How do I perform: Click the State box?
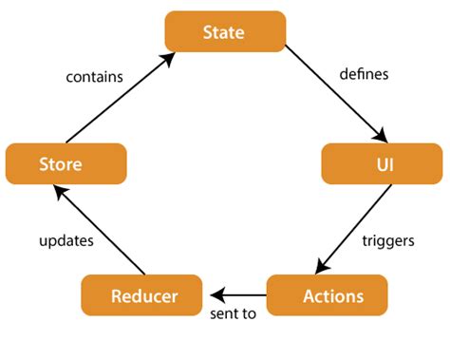click(225, 31)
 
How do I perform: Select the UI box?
click(382, 163)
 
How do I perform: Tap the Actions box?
click(327, 295)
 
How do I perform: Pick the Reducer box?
click(142, 295)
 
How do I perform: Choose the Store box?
click(66, 163)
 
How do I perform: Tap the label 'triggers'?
click(388, 240)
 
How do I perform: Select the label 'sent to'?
click(233, 313)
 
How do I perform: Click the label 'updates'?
click(66, 240)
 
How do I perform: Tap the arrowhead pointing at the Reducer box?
click(216, 294)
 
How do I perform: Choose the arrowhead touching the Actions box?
click(321, 269)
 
